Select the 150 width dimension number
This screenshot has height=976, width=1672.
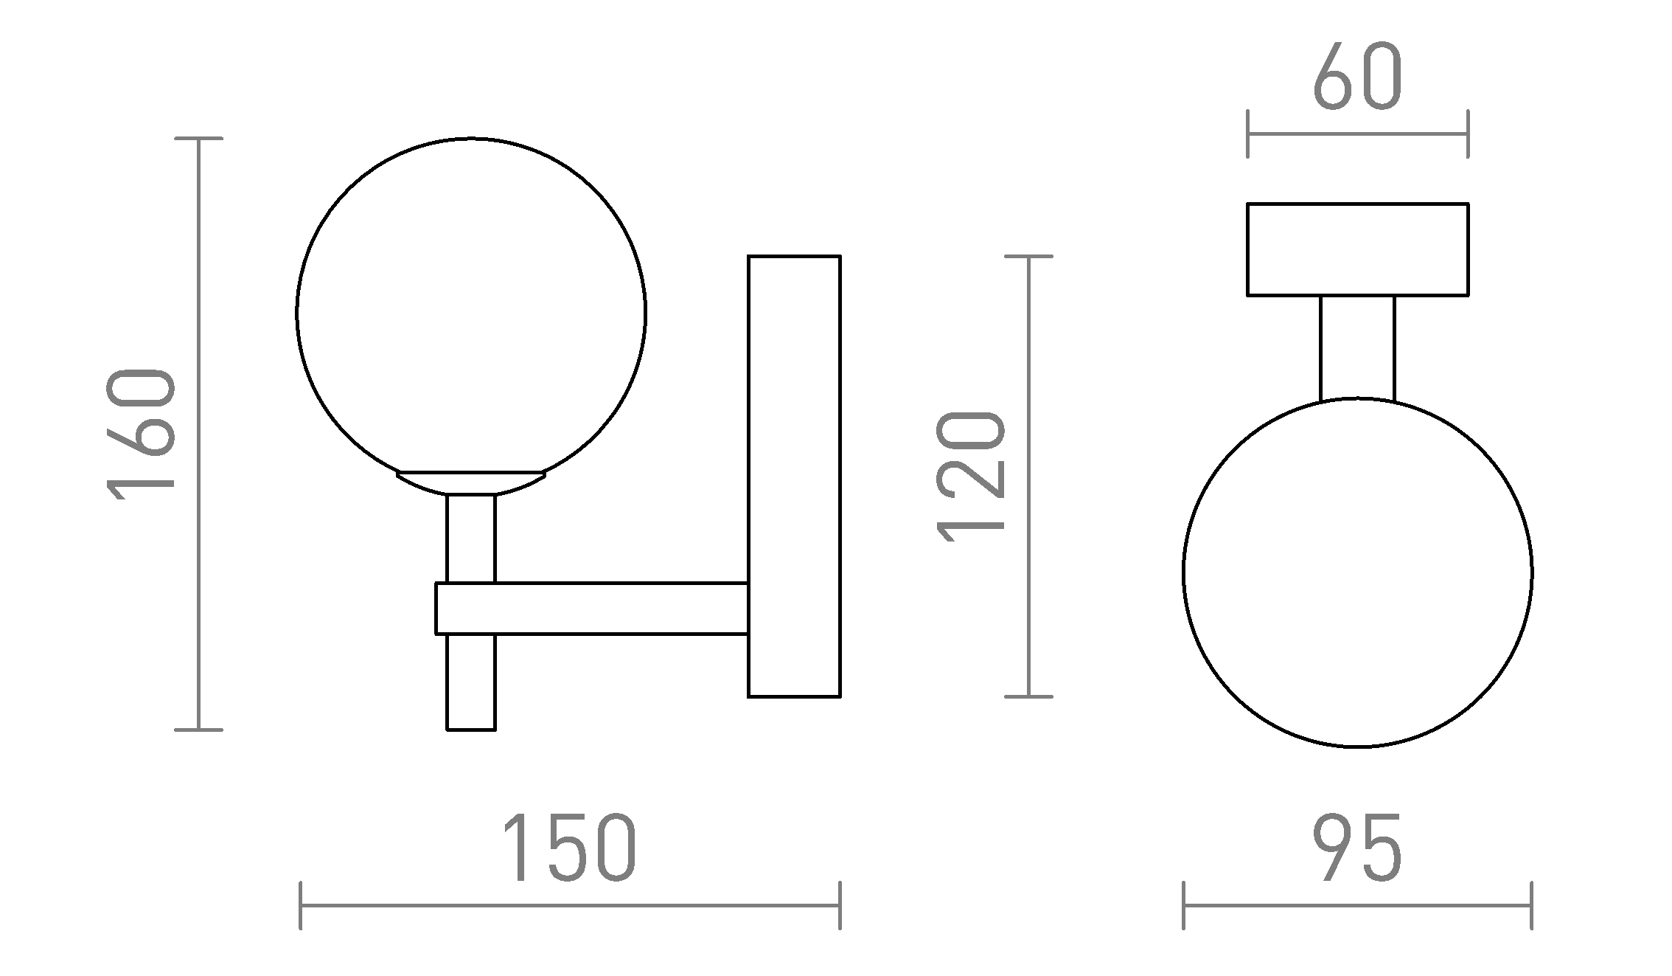[x=568, y=848]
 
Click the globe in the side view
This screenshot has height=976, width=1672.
[x=471, y=310]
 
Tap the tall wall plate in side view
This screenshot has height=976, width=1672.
[x=794, y=476]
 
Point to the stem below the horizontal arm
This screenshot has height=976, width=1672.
[x=471, y=682]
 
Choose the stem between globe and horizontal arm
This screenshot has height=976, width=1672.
[x=471, y=539]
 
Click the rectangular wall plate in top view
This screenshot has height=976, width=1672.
[x=1357, y=249]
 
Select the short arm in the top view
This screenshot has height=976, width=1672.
[x=1357, y=347]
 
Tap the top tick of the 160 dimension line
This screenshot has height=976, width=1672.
[x=198, y=138]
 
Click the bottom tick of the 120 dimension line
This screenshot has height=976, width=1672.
[x=1028, y=696]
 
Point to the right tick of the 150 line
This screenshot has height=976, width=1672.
[x=840, y=905]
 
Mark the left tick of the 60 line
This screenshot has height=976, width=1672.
[x=1247, y=134]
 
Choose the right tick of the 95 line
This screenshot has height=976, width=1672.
[x=1532, y=905]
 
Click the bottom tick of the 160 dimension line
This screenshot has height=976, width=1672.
[x=198, y=730]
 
